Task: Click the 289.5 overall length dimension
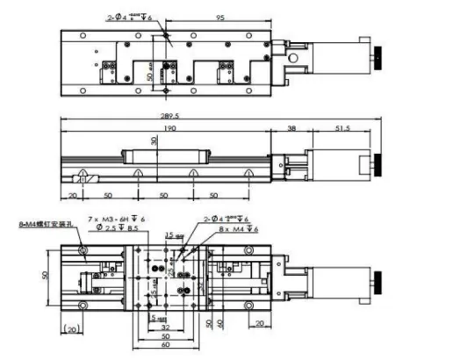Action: [x=208, y=115]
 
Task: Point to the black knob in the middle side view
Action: [x=377, y=162]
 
